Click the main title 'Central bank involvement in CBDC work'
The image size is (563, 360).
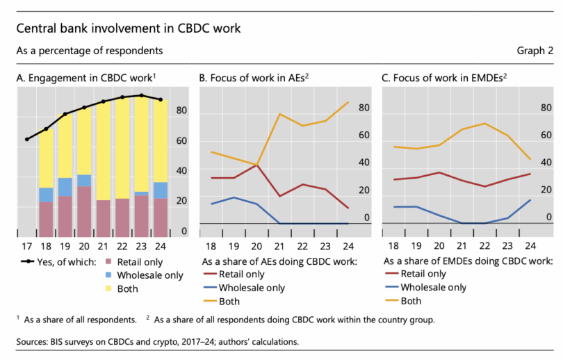click(128, 29)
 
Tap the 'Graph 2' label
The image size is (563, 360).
click(535, 51)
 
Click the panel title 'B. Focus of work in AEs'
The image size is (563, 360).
click(253, 78)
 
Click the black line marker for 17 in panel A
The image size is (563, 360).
click(27, 139)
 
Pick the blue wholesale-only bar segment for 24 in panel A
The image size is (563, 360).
click(161, 190)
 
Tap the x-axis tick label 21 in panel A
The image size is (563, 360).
click(104, 247)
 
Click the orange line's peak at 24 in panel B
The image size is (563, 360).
click(348, 102)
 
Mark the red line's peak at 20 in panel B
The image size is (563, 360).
click(257, 165)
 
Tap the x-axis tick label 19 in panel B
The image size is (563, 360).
click(234, 247)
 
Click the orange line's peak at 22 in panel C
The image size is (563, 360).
click(484, 124)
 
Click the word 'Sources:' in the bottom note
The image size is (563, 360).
click(33, 343)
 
